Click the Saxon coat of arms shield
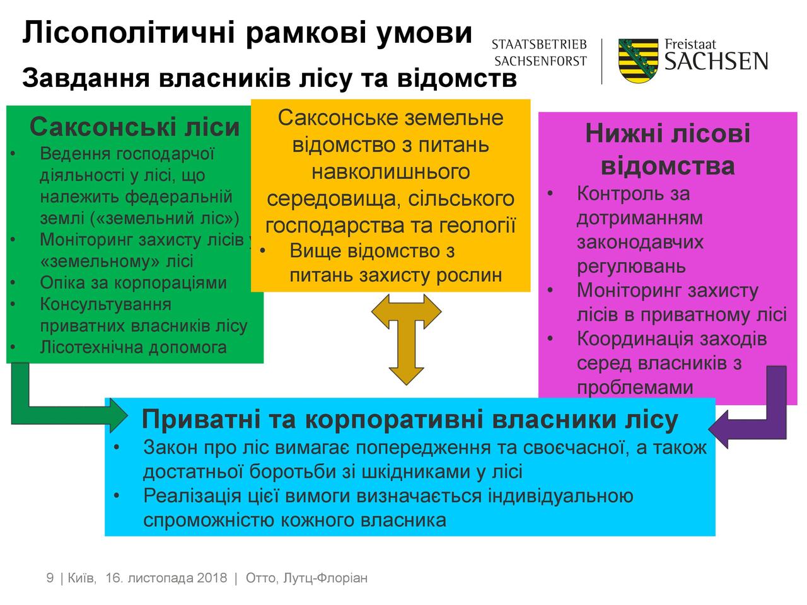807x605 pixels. (638, 60)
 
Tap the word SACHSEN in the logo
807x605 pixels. (716, 61)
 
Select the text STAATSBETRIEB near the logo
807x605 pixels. (539, 45)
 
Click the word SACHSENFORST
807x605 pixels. (540, 61)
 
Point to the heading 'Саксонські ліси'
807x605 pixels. (134, 127)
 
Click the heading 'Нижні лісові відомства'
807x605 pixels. (668, 149)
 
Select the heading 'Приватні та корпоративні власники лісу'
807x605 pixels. (410, 419)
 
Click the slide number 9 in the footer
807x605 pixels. (50, 578)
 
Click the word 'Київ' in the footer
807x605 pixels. (82, 578)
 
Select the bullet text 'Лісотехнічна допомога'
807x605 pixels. (133, 347)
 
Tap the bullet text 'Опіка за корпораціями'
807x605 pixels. (133, 282)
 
